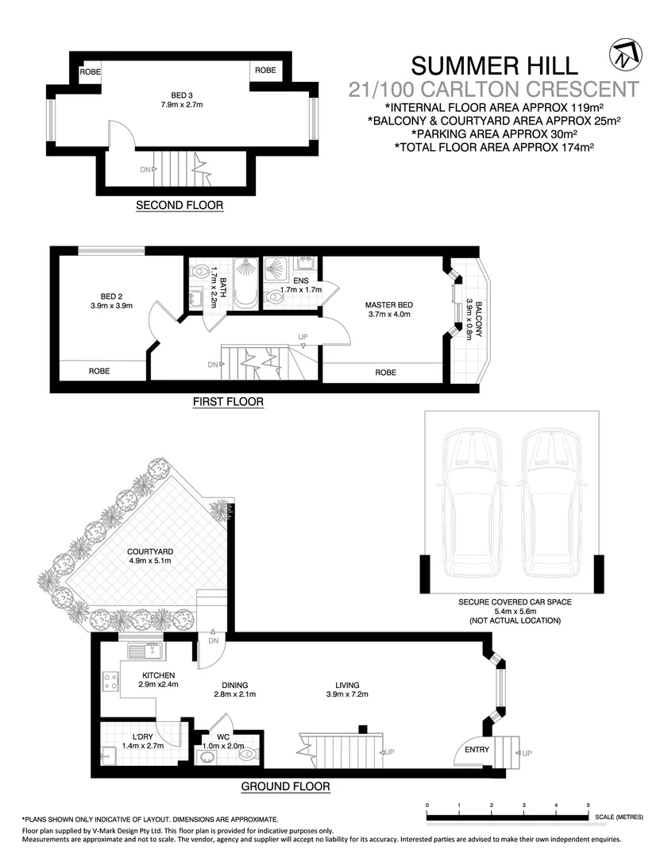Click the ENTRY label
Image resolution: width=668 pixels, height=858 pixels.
pyautogui.click(x=477, y=749)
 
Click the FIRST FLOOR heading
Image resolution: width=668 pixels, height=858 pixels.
pyautogui.click(x=228, y=402)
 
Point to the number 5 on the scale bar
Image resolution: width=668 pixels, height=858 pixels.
pyautogui.click(x=588, y=806)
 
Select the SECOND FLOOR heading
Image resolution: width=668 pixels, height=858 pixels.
pyautogui.click(x=180, y=205)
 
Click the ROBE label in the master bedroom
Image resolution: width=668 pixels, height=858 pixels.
pyautogui.click(x=385, y=372)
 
